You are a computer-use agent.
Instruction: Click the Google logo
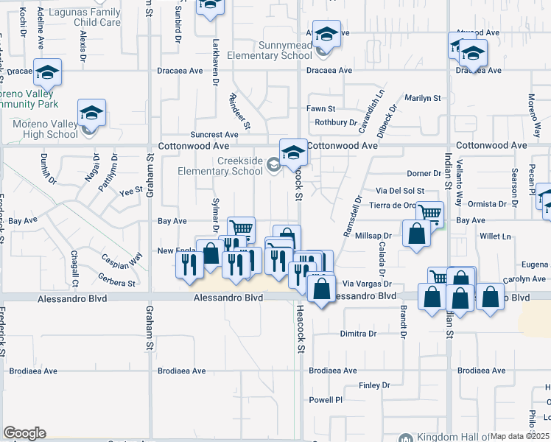click(x=24, y=433)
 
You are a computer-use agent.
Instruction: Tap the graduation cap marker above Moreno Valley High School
click(x=92, y=113)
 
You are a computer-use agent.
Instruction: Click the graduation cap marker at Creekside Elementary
click(x=293, y=152)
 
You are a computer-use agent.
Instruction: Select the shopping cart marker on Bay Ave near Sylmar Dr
click(x=241, y=228)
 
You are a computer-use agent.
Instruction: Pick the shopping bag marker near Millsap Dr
click(x=417, y=234)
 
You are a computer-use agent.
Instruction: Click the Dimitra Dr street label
click(x=359, y=334)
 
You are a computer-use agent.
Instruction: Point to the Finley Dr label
click(x=374, y=385)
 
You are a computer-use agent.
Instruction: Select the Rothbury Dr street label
click(x=336, y=122)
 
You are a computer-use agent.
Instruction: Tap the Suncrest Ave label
click(x=214, y=135)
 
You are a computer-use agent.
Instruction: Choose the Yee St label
click(x=130, y=191)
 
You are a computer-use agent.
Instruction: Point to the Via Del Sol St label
click(x=400, y=190)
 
